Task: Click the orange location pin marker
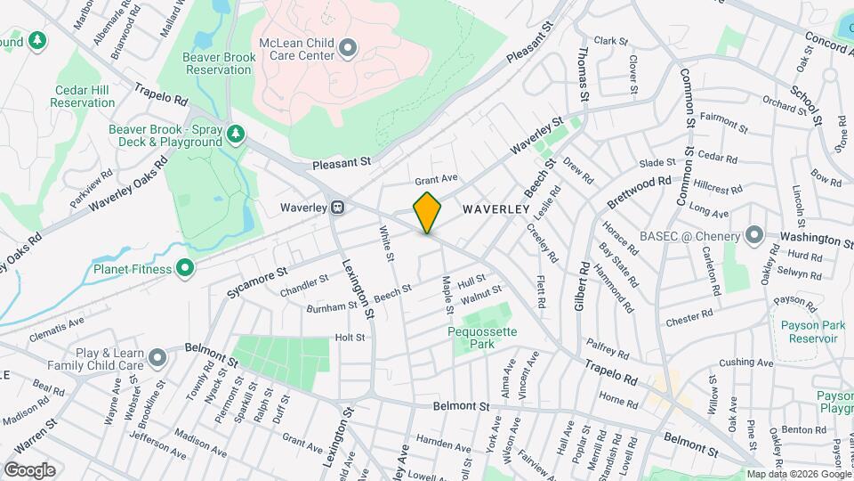coord(428,213)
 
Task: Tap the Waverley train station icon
coord(338,208)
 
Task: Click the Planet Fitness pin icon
coord(185,267)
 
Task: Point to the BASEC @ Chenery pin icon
coord(754,236)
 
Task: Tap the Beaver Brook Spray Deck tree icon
coord(236,135)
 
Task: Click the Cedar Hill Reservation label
coord(83,96)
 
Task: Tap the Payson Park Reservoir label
coord(808,332)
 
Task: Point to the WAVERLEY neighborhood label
coord(496,209)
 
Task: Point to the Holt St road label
coord(350,338)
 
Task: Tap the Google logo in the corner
coord(29,470)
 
